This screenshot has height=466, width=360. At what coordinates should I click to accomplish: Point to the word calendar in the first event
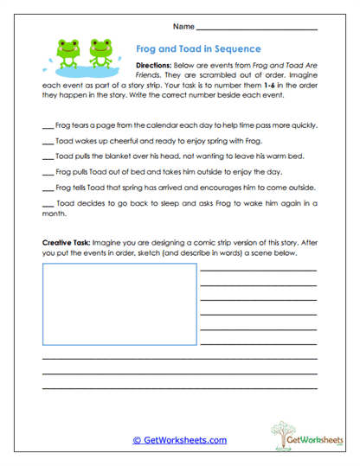coord(160,124)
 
